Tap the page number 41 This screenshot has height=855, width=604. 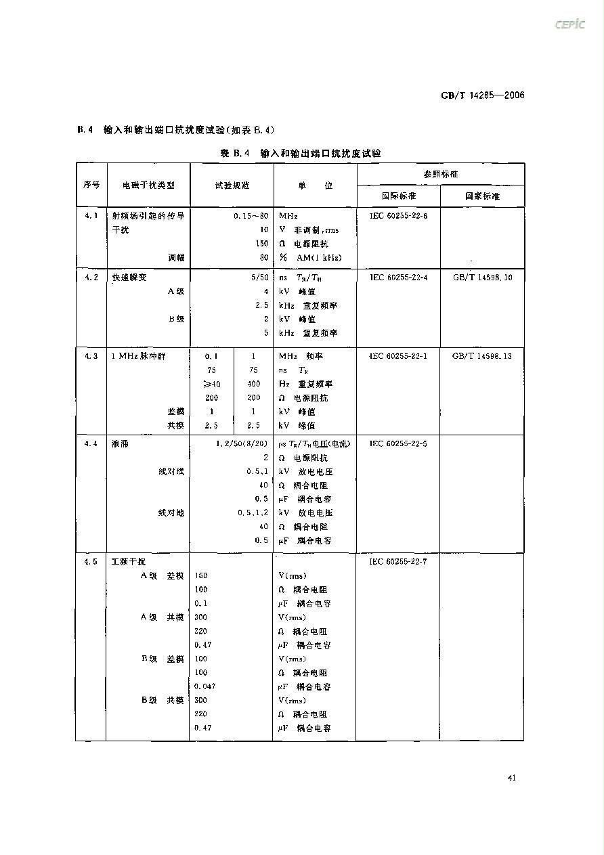click(511, 777)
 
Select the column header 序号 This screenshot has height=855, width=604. click(91, 185)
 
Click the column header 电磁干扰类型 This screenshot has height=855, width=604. click(148, 185)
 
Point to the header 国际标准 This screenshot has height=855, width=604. click(398, 196)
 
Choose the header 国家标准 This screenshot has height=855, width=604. click(481, 196)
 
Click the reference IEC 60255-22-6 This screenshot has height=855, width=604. click(399, 216)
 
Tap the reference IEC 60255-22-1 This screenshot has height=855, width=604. click(399, 356)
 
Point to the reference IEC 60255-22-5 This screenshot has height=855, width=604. click(399, 444)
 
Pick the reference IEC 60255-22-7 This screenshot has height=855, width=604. click(399, 562)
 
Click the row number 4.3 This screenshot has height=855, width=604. click(91, 356)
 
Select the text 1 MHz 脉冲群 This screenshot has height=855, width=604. click(138, 356)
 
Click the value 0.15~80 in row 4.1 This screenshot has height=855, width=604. click(251, 216)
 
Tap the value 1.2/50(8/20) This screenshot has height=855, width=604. click(241, 444)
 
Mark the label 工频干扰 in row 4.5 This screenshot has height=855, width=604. click(128, 562)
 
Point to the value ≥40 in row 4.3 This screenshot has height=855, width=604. click(211, 384)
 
